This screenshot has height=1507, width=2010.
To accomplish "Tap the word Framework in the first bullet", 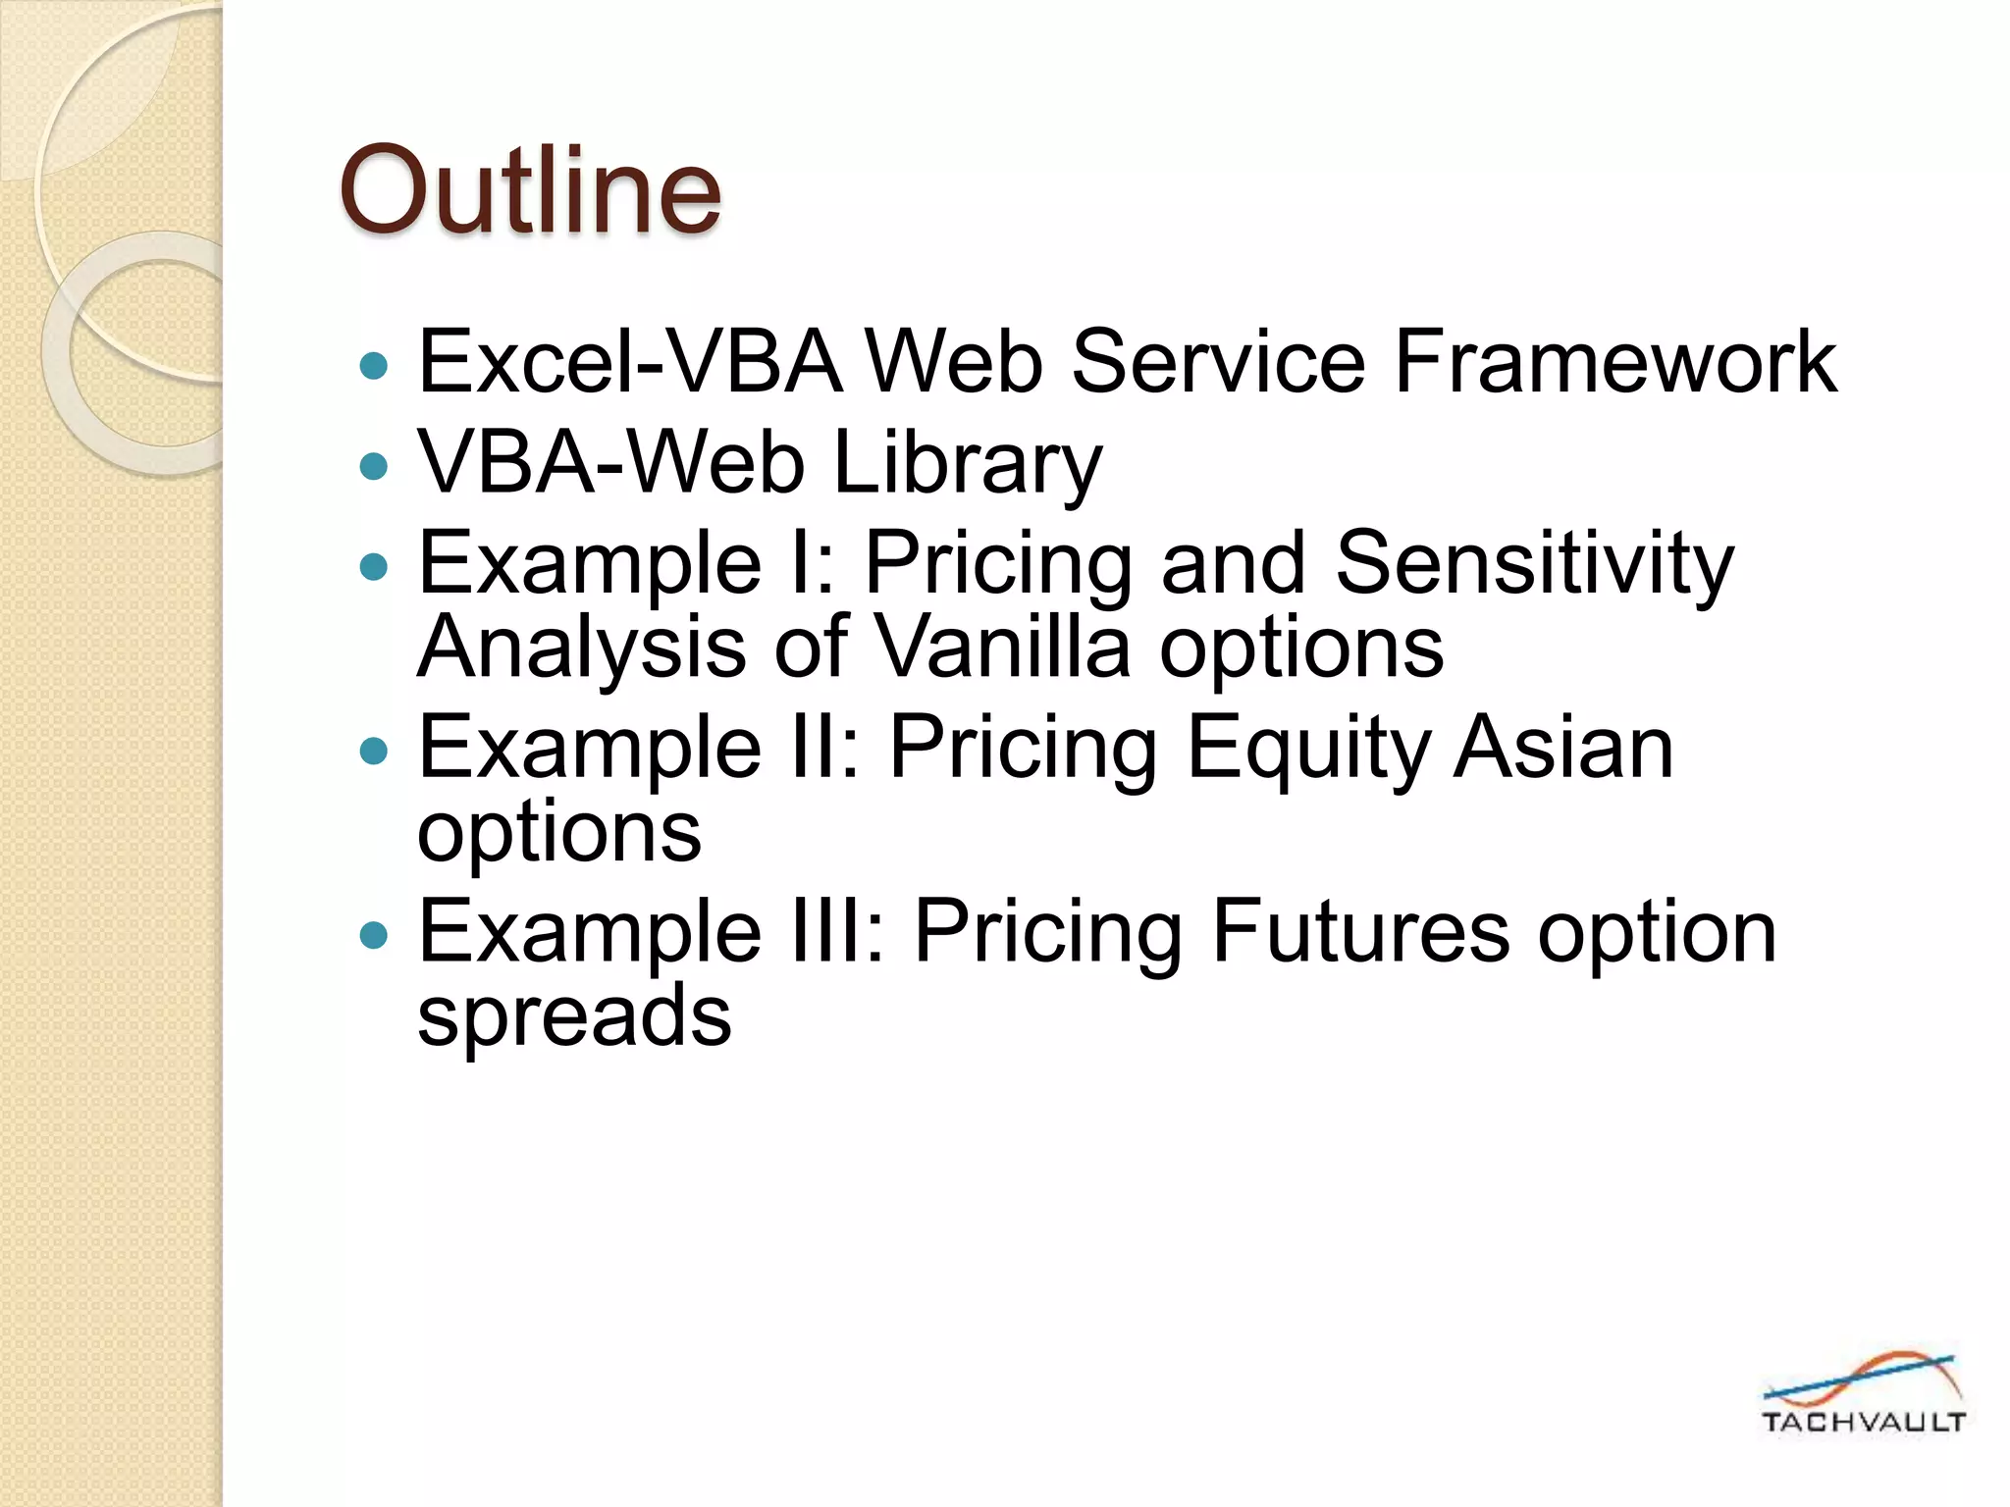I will point(1614,362).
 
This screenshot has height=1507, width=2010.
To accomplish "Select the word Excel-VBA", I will point(629,362).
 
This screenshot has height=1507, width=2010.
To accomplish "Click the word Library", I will point(967,463).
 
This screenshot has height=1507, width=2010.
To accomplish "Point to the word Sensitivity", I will point(1534,563).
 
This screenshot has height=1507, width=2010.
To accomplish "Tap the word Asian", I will point(1563,748).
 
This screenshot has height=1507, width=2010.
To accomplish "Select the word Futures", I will point(1359,931).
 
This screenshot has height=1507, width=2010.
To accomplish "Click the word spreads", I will point(574,1015).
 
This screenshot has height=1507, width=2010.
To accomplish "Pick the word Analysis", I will point(582,647).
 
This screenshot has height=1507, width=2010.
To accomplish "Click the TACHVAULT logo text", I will point(1863,1422).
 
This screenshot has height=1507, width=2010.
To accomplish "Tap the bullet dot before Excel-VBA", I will point(374,367).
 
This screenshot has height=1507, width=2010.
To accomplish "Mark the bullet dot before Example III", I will point(374,934).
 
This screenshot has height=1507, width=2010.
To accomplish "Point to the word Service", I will point(1217,362).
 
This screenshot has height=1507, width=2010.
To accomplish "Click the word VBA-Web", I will point(610,463).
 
